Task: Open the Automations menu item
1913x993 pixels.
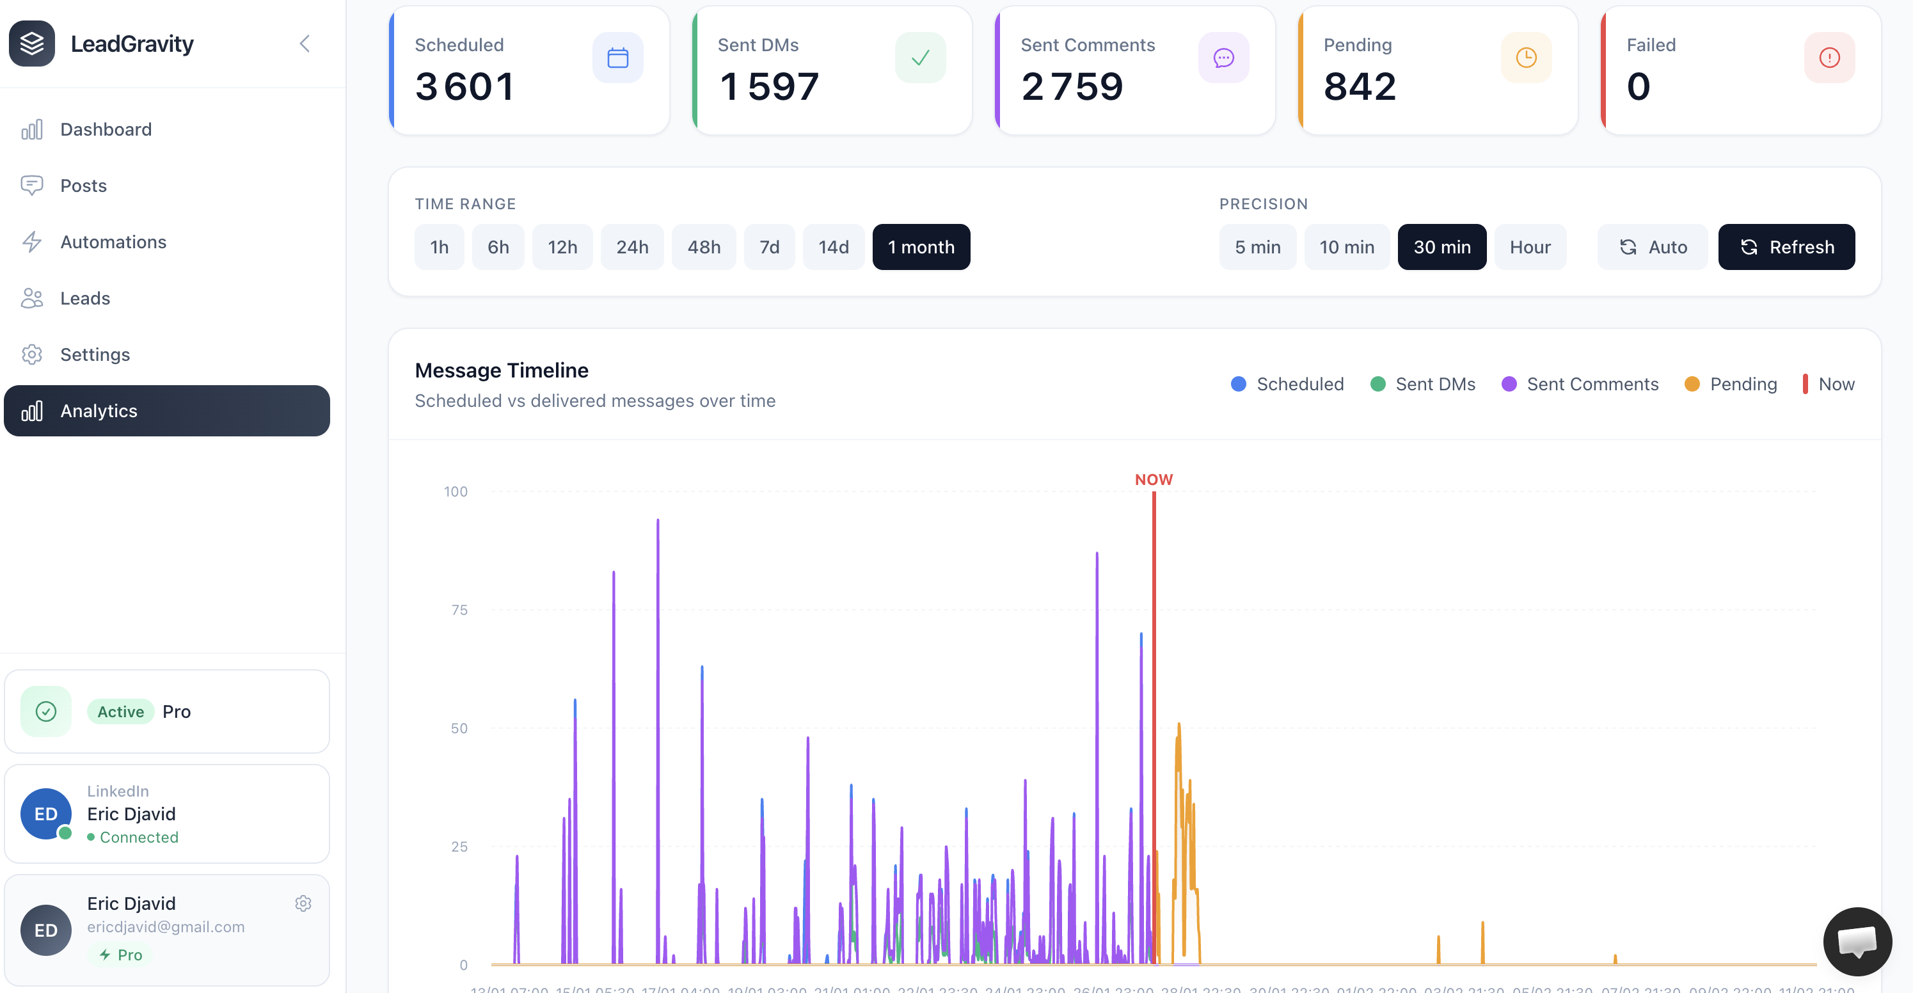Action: click(113, 242)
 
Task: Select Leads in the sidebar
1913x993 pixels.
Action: click(84, 299)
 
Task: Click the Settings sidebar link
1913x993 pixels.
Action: click(94, 354)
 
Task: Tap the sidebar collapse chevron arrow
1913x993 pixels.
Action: click(305, 44)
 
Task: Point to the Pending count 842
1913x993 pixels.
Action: click(1360, 86)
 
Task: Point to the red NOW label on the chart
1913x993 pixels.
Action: click(1154, 480)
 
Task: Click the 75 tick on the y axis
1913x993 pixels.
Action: click(459, 610)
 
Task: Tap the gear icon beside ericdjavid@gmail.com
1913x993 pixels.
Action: click(303, 903)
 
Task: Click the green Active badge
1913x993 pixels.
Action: click(120, 711)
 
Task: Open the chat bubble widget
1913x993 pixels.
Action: click(1857, 941)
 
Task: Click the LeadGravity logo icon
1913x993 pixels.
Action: click(32, 44)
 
